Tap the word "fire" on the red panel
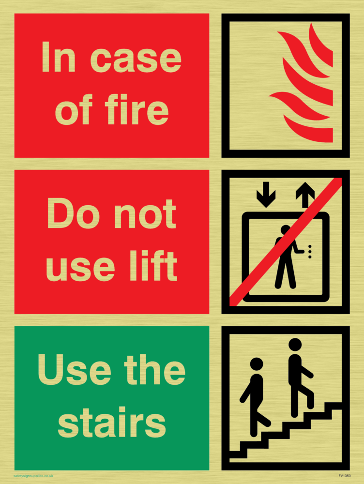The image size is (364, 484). [137, 109]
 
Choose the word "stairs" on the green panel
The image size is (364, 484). [112, 422]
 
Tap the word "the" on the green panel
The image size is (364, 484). [155, 370]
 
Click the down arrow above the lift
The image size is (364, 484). [266, 195]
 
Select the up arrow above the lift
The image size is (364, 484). [305, 195]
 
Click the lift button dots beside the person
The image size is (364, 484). [310, 252]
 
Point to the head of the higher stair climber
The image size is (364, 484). [295, 345]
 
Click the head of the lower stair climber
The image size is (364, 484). [257, 364]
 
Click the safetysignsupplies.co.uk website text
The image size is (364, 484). [33, 476]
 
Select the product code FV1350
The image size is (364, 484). [344, 476]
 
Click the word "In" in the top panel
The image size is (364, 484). [59, 57]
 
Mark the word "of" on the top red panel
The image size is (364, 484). [74, 109]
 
